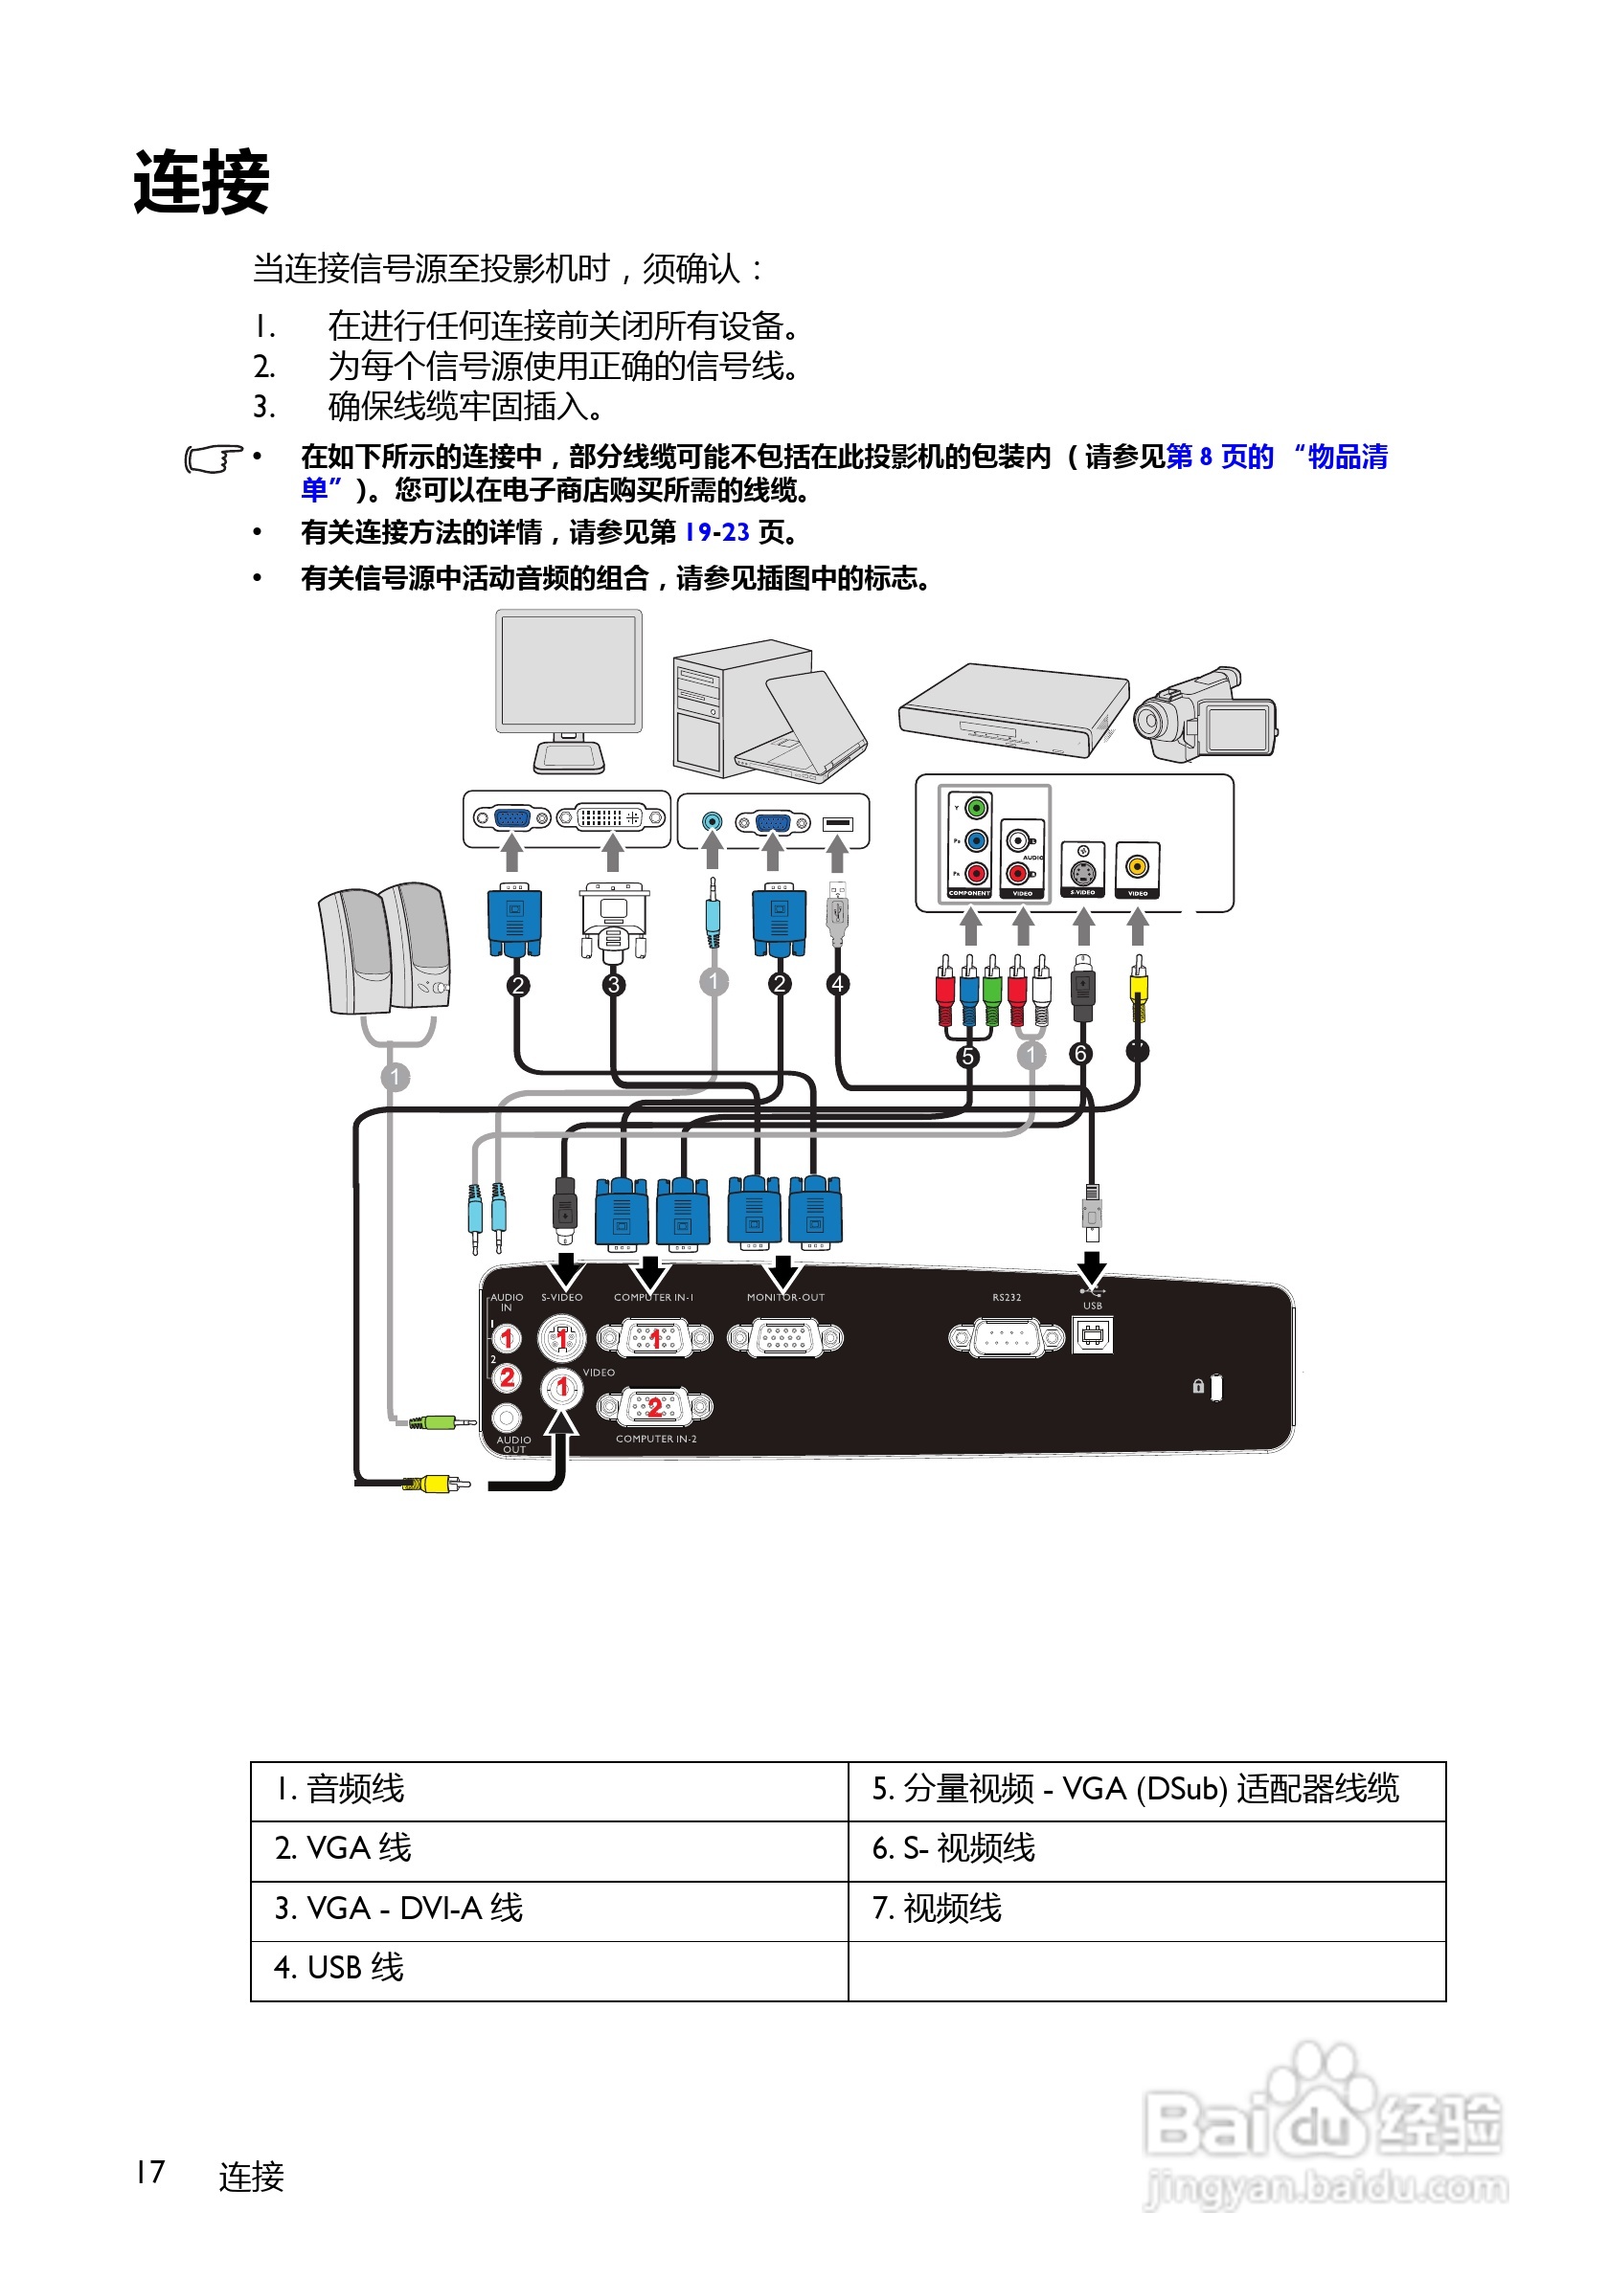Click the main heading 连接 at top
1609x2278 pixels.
tap(201, 183)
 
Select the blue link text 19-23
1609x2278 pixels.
tap(716, 533)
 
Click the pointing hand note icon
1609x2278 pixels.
tap(213, 458)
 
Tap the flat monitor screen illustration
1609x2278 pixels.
tap(568, 671)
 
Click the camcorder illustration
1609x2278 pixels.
tap(1205, 714)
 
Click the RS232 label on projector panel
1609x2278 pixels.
tap(1006, 1298)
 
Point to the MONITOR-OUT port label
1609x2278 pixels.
tap(785, 1298)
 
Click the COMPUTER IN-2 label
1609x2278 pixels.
tap(656, 1439)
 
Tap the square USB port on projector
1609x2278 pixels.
tap(1092, 1335)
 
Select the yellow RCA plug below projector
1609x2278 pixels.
tap(437, 1485)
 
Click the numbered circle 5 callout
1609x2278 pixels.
tap(967, 1057)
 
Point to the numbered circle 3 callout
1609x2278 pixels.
tap(613, 984)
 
